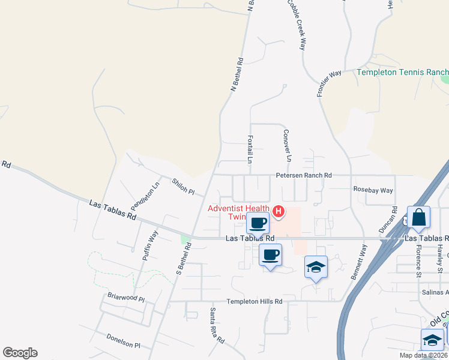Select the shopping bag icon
pyautogui.click(x=418, y=217)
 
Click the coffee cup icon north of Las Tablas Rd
pyautogui.click(x=258, y=223)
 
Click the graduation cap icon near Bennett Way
pyautogui.click(x=316, y=267)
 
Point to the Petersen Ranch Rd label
pyautogui.click(x=304, y=175)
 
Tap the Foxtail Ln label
pyautogui.click(x=250, y=149)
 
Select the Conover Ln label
pyautogui.click(x=287, y=146)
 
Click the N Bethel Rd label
pyautogui.click(x=238, y=74)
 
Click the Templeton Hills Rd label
pyautogui.click(x=254, y=302)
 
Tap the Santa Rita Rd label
pyautogui.click(x=216, y=326)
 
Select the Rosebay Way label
pyautogui.click(x=373, y=190)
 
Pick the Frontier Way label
pyautogui.click(x=329, y=83)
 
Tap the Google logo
pyautogui.click(x=20, y=353)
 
